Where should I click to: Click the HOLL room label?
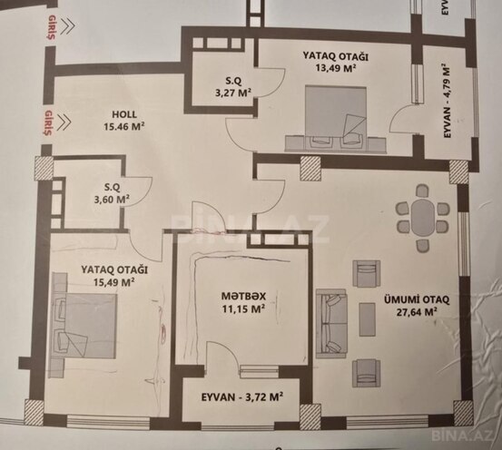point(123,114)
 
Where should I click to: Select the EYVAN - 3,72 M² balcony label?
point(240,396)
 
